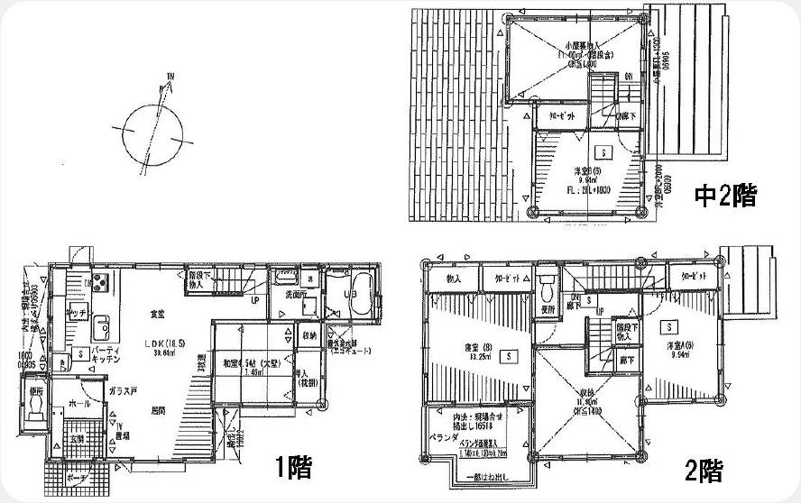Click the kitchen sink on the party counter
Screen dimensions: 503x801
coord(100,325)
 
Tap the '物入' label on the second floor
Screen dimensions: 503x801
coord(455,279)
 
